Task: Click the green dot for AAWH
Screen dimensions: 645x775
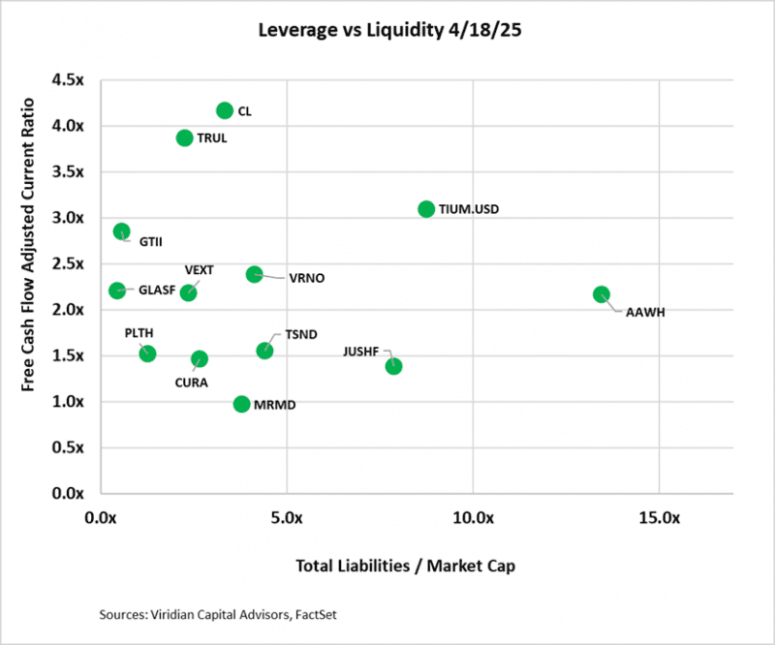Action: point(601,294)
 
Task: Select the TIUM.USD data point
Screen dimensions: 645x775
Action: point(426,209)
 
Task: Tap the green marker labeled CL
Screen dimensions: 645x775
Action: point(225,110)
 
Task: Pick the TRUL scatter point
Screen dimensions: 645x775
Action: point(184,138)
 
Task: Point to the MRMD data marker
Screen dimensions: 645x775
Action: point(241,404)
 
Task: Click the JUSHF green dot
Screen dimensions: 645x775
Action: point(393,366)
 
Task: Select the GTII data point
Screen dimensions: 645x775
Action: point(121,231)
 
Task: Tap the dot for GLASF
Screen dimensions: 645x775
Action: point(117,290)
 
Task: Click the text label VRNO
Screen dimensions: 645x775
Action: point(306,279)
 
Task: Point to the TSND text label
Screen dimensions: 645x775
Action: point(297,334)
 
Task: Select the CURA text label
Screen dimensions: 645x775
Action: point(192,382)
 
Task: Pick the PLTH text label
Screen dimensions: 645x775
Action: point(139,332)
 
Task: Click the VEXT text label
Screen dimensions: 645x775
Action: point(199,269)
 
